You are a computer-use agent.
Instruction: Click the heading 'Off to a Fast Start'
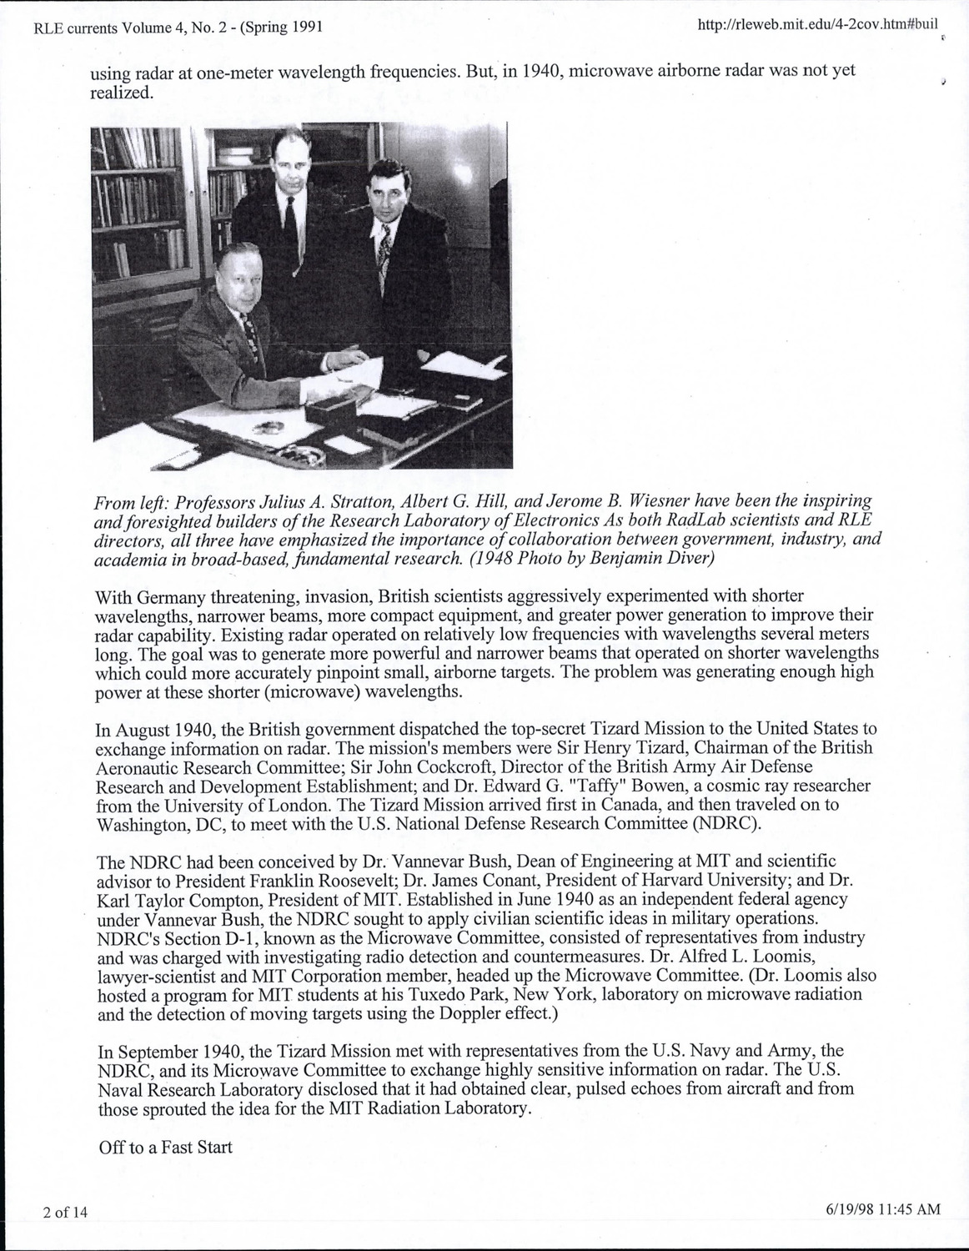[x=165, y=1147]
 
